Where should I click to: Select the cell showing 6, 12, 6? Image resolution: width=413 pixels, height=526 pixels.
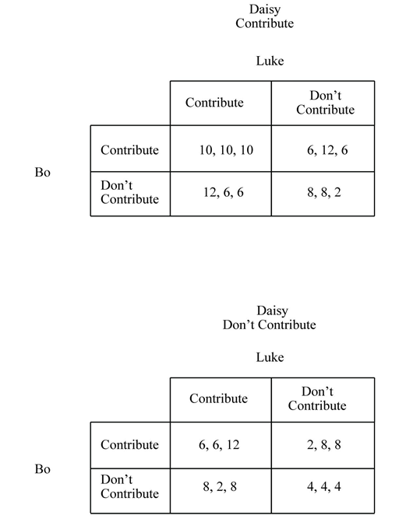tap(323, 150)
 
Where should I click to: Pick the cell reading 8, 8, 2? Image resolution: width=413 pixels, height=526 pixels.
tap(323, 192)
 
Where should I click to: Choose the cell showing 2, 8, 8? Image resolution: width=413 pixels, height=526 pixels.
tap(323, 445)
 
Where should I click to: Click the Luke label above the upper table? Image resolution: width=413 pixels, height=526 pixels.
tap(270, 61)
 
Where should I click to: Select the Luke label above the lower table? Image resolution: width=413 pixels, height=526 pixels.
tap(270, 357)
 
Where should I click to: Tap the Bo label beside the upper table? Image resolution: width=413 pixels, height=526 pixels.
tap(42, 172)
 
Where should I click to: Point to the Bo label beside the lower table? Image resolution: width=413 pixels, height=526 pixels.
tap(42, 469)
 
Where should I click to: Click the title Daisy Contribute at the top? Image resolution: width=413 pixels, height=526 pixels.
tap(265, 16)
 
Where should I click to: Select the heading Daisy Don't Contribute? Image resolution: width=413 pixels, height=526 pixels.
tap(270, 318)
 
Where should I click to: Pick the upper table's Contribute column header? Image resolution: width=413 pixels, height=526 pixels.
tap(214, 103)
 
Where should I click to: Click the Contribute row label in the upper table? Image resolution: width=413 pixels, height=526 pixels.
tap(129, 150)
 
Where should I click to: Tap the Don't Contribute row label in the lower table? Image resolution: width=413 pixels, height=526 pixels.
tap(129, 486)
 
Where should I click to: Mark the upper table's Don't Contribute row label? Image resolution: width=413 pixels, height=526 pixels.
tap(129, 192)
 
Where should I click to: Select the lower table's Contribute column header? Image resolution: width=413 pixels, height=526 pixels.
tap(218, 398)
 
